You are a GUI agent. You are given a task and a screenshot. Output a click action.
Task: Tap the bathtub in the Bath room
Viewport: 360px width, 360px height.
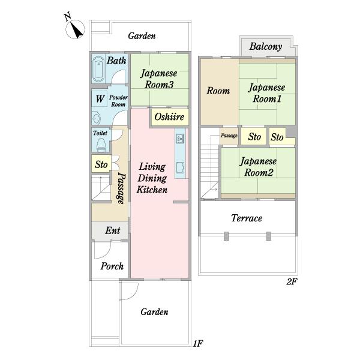[x=98, y=69]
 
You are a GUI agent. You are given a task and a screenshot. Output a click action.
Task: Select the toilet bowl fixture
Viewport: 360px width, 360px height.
[x=101, y=145]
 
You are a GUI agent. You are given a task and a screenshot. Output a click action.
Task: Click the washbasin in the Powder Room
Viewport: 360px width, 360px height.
[x=97, y=118]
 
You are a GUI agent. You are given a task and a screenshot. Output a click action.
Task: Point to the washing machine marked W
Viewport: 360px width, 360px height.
[x=100, y=99]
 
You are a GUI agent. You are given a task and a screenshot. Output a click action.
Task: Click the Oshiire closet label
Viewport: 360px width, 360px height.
[x=169, y=117]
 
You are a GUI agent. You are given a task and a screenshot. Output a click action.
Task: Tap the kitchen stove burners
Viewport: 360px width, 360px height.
[x=180, y=139]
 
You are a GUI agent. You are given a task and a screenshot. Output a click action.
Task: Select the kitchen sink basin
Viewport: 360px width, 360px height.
[x=180, y=167]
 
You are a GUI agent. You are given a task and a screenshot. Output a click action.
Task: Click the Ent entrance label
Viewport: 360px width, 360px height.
[x=113, y=230]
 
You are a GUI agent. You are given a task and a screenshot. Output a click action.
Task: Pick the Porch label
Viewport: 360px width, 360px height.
[x=112, y=266]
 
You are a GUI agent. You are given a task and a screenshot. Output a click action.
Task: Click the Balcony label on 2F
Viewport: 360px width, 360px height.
[x=266, y=47]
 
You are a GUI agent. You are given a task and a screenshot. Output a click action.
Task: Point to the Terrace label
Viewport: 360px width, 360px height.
[x=247, y=218]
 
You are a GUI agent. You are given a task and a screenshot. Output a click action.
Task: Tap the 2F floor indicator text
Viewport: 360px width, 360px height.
[x=292, y=281]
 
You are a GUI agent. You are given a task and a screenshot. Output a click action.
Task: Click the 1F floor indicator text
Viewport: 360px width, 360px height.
[x=197, y=344]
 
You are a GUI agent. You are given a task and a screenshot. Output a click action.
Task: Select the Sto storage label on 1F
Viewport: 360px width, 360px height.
[x=101, y=164]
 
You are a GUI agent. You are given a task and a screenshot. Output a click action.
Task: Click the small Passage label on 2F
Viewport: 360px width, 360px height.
[x=229, y=136]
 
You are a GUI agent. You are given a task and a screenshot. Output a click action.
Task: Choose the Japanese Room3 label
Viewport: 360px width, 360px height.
[x=159, y=79]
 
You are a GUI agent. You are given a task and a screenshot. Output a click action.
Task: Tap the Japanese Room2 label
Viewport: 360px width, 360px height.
[x=258, y=167]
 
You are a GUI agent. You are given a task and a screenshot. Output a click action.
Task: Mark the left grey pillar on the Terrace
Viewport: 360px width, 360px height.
[x=226, y=236]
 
